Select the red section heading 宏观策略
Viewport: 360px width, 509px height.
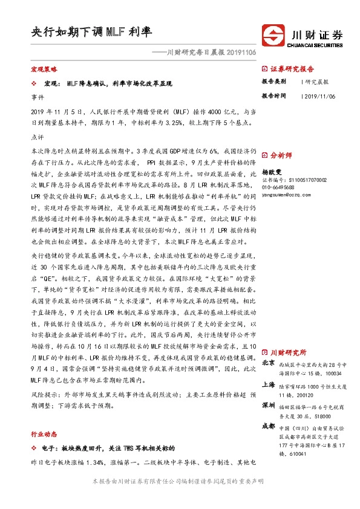click(x=43, y=70)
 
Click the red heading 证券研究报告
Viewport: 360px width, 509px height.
click(x=292, y=69)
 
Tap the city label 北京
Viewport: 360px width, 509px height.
click(x=269, y=363)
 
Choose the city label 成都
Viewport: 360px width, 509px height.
click(x=269, y=426)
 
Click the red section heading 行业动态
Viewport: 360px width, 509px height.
click(x=43, y=434)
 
